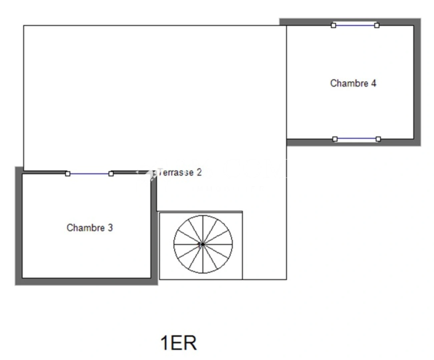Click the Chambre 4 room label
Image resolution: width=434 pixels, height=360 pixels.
pos(353,83)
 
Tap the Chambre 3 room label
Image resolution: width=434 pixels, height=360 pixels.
pos(90,228)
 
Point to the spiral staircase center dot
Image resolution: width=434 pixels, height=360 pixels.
pos(203,244)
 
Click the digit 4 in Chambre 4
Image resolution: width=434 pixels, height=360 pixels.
pos(374,83)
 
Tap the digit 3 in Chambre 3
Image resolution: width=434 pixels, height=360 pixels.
pos(110,228)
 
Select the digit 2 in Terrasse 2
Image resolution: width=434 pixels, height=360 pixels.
pos(199,172)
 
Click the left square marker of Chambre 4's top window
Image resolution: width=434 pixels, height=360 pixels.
pos(333,26)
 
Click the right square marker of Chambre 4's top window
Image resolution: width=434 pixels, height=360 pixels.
pos(377,26)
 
